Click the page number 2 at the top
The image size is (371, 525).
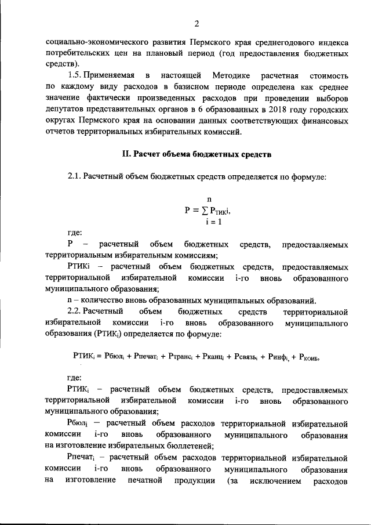click(197, 23)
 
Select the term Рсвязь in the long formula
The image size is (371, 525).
click(245, 357)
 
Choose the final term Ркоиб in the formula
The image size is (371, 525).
click(308, 357)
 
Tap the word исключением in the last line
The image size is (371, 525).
click(274, 480)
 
